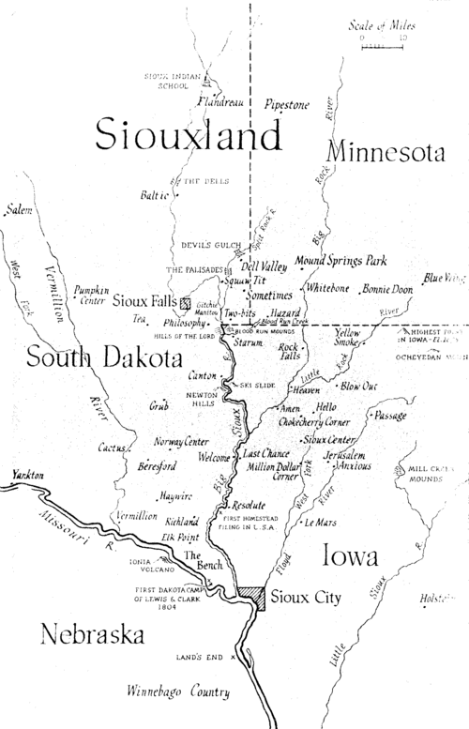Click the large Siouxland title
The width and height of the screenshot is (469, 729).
click(188, 136)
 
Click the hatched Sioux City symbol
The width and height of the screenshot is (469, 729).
click(250, 598)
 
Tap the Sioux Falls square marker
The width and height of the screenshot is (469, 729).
click(186, 303)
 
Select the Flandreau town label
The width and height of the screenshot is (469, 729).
click(220, 101)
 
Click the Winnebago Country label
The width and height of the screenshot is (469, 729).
click(178, 693)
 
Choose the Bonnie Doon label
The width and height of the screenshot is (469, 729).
click(386, 290)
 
